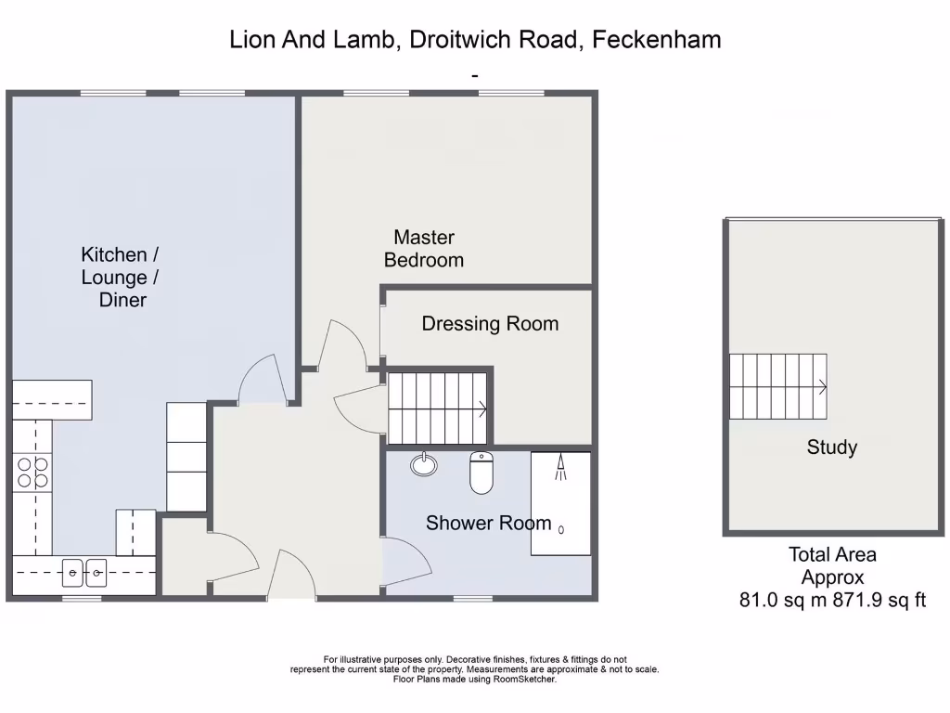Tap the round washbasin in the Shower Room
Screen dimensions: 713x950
tap(424, 463)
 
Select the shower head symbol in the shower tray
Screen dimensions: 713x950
tap(560, 468)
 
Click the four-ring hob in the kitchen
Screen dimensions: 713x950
tap(32, 473)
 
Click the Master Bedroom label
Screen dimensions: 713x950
tap(424, 249)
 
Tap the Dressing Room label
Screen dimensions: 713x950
tap(490, 324)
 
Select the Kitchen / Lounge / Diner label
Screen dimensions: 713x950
tap(114, 277)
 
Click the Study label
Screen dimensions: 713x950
tap(831, 447)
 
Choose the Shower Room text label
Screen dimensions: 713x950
tap(488, 524)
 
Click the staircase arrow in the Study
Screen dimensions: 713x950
tap(821, 387)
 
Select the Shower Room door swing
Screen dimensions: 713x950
tap(409, 560)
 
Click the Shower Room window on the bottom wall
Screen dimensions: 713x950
tap(474, 598)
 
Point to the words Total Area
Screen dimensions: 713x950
tap(832, 554)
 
